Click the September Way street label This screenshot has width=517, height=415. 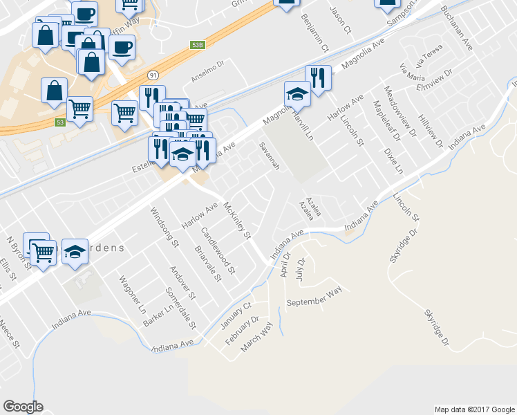click(314, 297)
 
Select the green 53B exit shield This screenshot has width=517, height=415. click(198, 45)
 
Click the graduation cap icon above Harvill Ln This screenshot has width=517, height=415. click(297, 93)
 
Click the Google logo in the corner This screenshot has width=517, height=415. click(23, 407)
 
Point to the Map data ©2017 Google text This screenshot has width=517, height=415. click(474, 409)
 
